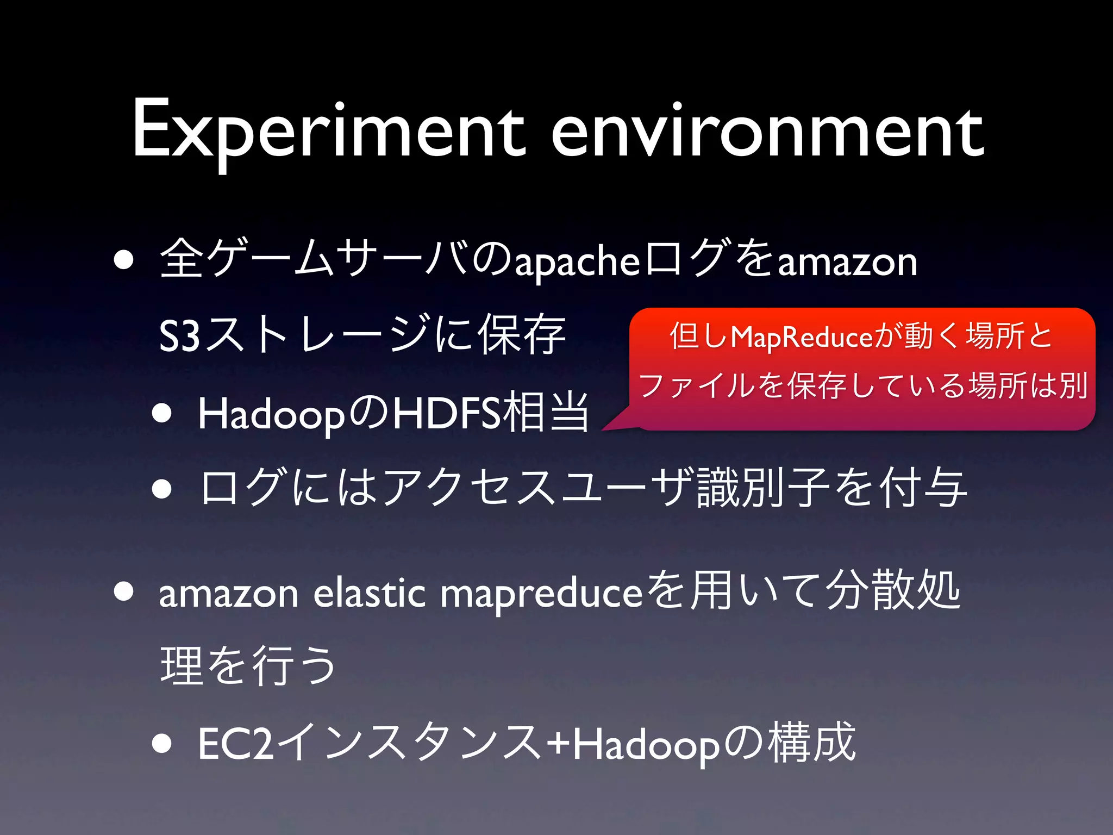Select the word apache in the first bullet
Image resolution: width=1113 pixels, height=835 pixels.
coord(577,262)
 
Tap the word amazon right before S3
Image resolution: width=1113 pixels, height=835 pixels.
coord(848,262)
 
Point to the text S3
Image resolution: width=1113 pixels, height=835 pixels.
coord(179,336)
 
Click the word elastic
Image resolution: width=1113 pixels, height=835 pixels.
coord(370,593)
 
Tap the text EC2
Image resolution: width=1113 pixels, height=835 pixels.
coord(235,744)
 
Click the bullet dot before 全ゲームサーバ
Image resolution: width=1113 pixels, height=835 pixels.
coord(124,260)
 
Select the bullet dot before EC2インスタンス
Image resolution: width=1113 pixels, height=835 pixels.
coord(162,744)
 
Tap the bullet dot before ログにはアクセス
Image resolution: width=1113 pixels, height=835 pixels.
coord(162,488)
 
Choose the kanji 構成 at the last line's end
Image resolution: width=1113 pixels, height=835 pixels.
coord(812,743)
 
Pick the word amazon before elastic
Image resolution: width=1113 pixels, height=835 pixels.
coord(228,594)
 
